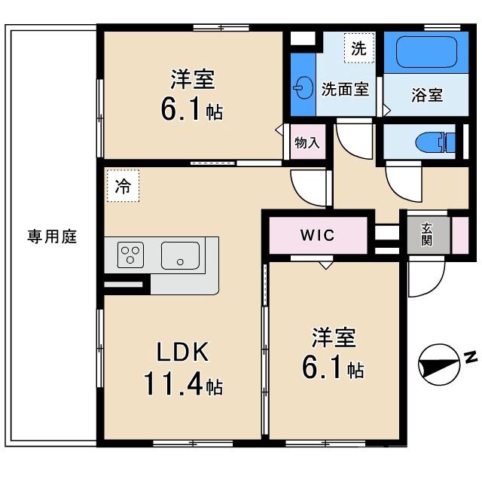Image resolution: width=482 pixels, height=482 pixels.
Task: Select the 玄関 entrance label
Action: coord(426,234)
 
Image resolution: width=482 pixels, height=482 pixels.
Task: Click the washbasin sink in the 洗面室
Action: coord(303,89)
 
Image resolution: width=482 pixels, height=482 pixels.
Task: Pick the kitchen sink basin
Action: coord(180,255)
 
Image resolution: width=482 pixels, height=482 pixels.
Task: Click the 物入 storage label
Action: coord(307,142)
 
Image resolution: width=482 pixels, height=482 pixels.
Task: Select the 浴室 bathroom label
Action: coord(426,96)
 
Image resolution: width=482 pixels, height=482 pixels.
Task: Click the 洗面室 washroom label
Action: coord(345,89)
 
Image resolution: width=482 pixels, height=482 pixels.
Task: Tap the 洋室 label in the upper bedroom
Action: coord(192,78)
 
